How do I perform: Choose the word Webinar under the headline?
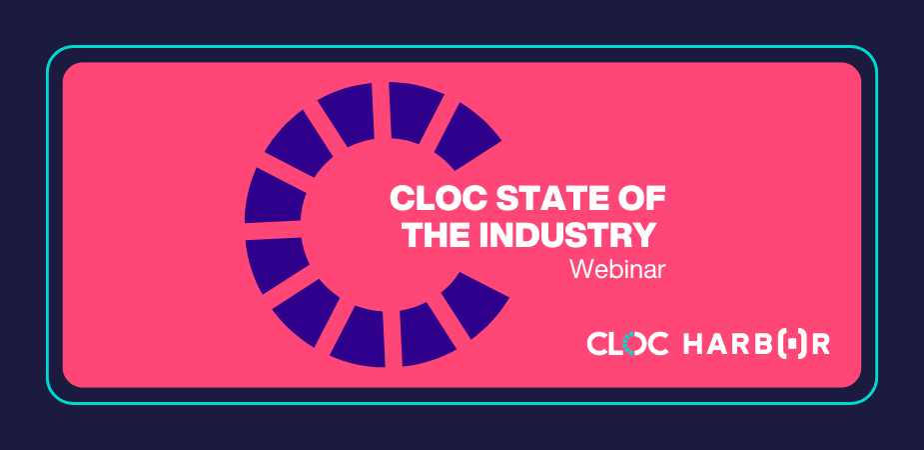[x=617, y=270]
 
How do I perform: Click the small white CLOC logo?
[x=627, y=343]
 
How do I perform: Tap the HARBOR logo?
[x=756, y=343]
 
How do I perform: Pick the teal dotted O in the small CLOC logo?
[x=633, y=343]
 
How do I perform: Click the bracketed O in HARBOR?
[x=792, y=344]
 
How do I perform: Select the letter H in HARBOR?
[x=693, y=344]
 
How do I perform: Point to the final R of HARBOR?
[x=821, y=344]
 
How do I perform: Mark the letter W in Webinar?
[x=582, y=269]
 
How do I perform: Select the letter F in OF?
[x=655, y=199]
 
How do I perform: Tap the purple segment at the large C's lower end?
[x=474, y=305]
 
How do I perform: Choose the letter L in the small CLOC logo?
[x=613, y=344]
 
